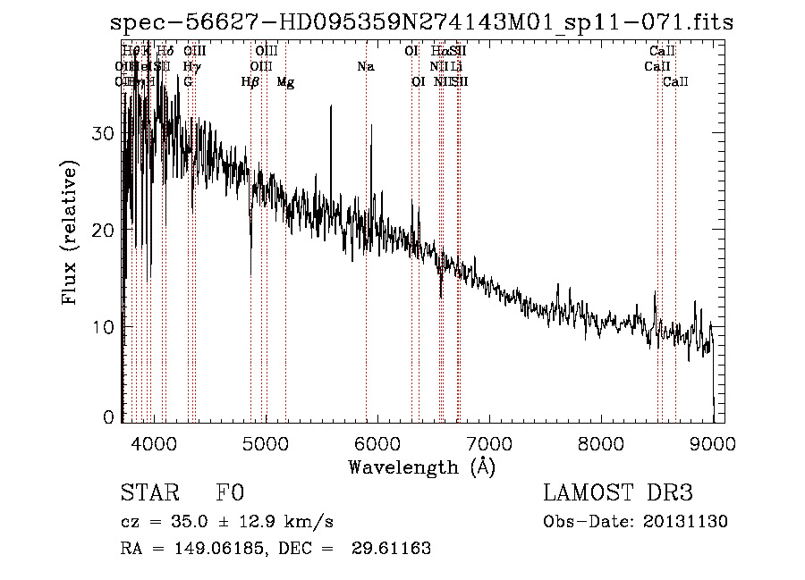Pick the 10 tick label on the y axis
[x=104, y=327]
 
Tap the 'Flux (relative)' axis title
[x=71, y=232]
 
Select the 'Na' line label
[x=365, y=66]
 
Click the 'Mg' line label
[x=285, y=82]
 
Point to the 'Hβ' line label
[x=250, y=82]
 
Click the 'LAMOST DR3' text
[x=618, y=494]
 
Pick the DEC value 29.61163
[x=394, y=549]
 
